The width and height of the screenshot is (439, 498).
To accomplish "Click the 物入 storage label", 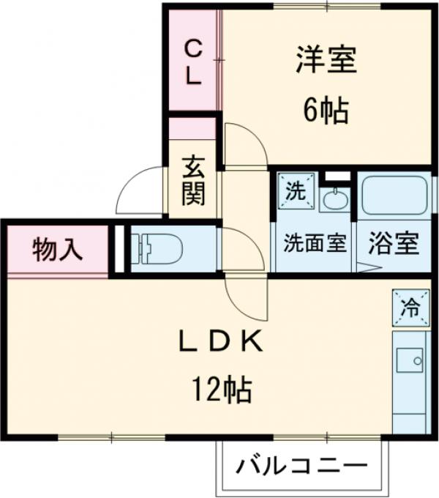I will pos(56,250).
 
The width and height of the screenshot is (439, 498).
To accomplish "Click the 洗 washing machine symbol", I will pos(294,191).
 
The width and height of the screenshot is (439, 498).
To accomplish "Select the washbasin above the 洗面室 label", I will pos(335,198).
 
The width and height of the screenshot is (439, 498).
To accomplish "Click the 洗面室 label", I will pos(315,243).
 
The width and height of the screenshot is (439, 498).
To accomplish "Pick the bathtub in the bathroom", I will pos(394,194).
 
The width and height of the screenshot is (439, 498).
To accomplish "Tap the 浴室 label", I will pos(394,243).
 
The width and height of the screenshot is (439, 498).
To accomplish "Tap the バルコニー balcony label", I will pos(301,465).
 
